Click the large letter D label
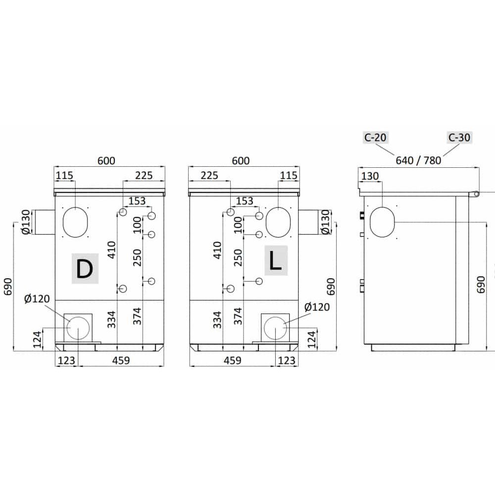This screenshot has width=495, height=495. click(x=85, y=268)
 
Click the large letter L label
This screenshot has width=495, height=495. click(x=276, y=260)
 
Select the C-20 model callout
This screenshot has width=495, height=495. click(x=375, y=138)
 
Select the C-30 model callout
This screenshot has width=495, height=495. click(x=459, y=138)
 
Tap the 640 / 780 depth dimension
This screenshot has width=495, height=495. click(x=418, y=160)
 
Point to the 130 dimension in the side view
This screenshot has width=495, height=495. click(x=370, y=176)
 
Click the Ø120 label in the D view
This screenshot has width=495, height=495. click(x=37, y=298)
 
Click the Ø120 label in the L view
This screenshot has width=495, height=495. click(x=317, y=307)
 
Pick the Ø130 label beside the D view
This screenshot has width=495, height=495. click(x=26, y=222)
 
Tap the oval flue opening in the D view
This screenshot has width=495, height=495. click(x=75, y=222)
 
